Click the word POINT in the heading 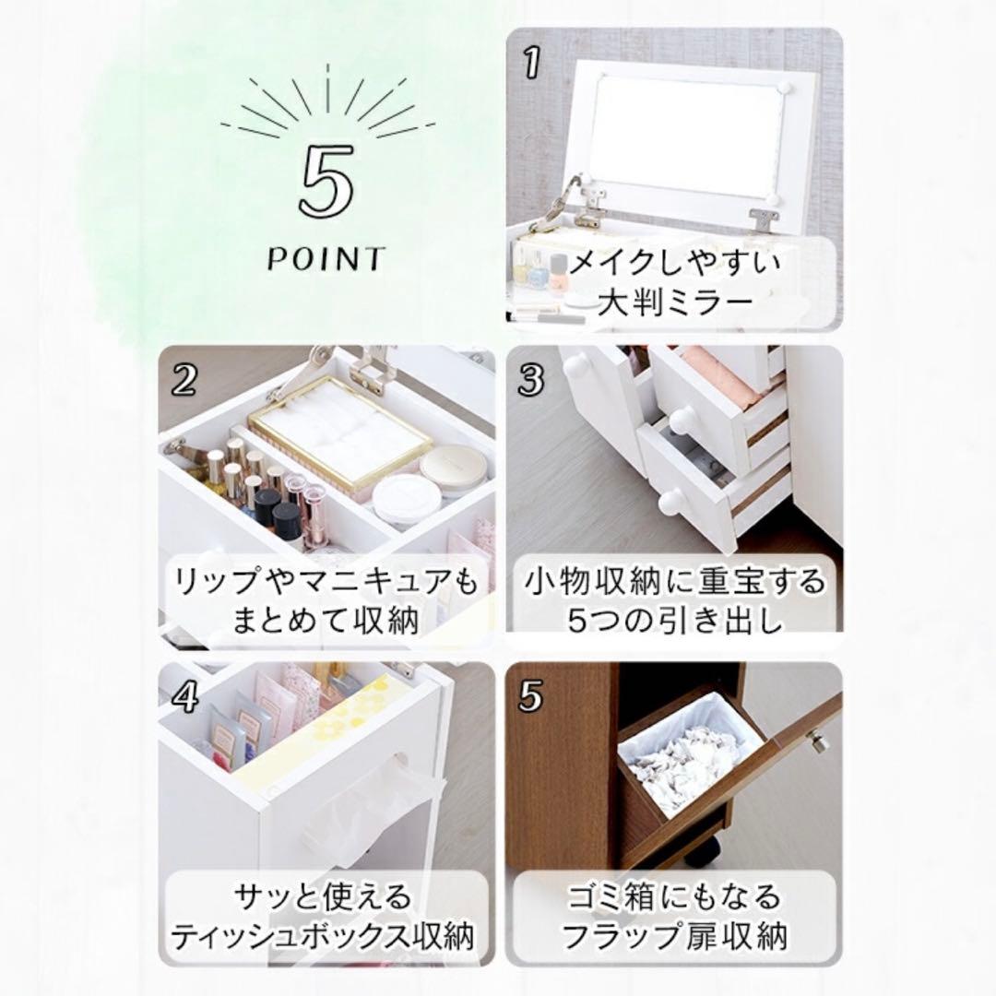click(x=326, y=259)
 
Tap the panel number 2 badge click(x=184, y=380)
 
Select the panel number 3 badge click(x=531, y=380)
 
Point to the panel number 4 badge click(x=184, y=697)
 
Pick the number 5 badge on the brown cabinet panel click(x=531, y=697)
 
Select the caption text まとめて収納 click(x=325, y=620)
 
